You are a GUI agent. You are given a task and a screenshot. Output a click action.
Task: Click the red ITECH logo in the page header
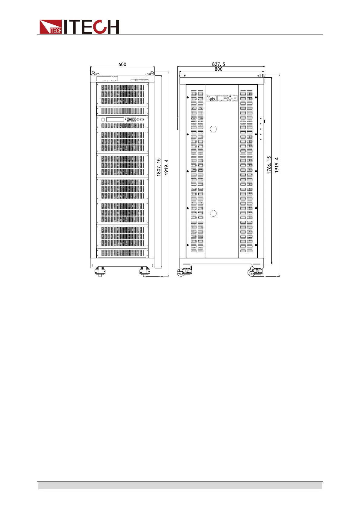click(x=79, y=27)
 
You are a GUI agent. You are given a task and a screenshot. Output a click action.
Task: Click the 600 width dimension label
click(x=122, y=64)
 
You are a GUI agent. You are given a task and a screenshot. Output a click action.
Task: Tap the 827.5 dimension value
click(x=219, y=64)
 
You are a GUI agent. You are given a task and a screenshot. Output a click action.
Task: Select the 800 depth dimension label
click(x=219, y=69)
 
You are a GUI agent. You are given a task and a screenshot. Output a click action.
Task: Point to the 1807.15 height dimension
click(x=159, y=167)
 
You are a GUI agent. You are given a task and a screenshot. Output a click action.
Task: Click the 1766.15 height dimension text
click(x=269, y=165)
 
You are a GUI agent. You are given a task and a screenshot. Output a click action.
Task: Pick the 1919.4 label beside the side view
click(x=277, y=165)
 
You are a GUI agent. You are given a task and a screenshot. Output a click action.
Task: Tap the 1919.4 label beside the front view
click(x=166, y=167)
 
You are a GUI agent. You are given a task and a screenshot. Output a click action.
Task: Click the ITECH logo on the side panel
click(x=222, y=98)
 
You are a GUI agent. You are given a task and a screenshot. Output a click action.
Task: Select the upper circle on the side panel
click(x=213, y=129)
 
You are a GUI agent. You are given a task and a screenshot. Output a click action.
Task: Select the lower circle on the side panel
click(x=213, y=213)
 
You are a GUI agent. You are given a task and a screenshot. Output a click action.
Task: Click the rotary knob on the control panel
click(x=142, y=120)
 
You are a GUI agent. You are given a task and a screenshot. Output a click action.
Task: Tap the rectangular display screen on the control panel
click(x=115, y=120)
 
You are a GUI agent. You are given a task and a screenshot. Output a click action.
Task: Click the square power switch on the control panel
click(x=103, y=120)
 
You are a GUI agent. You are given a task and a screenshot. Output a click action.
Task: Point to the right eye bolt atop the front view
click(x=151, y=73)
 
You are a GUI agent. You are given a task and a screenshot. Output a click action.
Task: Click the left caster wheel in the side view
click(x=181, y=273)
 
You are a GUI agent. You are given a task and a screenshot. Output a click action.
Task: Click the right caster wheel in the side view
click(x=251, y=273)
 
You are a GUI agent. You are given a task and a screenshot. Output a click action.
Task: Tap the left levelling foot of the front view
click(x=100, y=271)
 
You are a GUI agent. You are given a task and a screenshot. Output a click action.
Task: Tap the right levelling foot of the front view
click(x=145, y=271)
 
